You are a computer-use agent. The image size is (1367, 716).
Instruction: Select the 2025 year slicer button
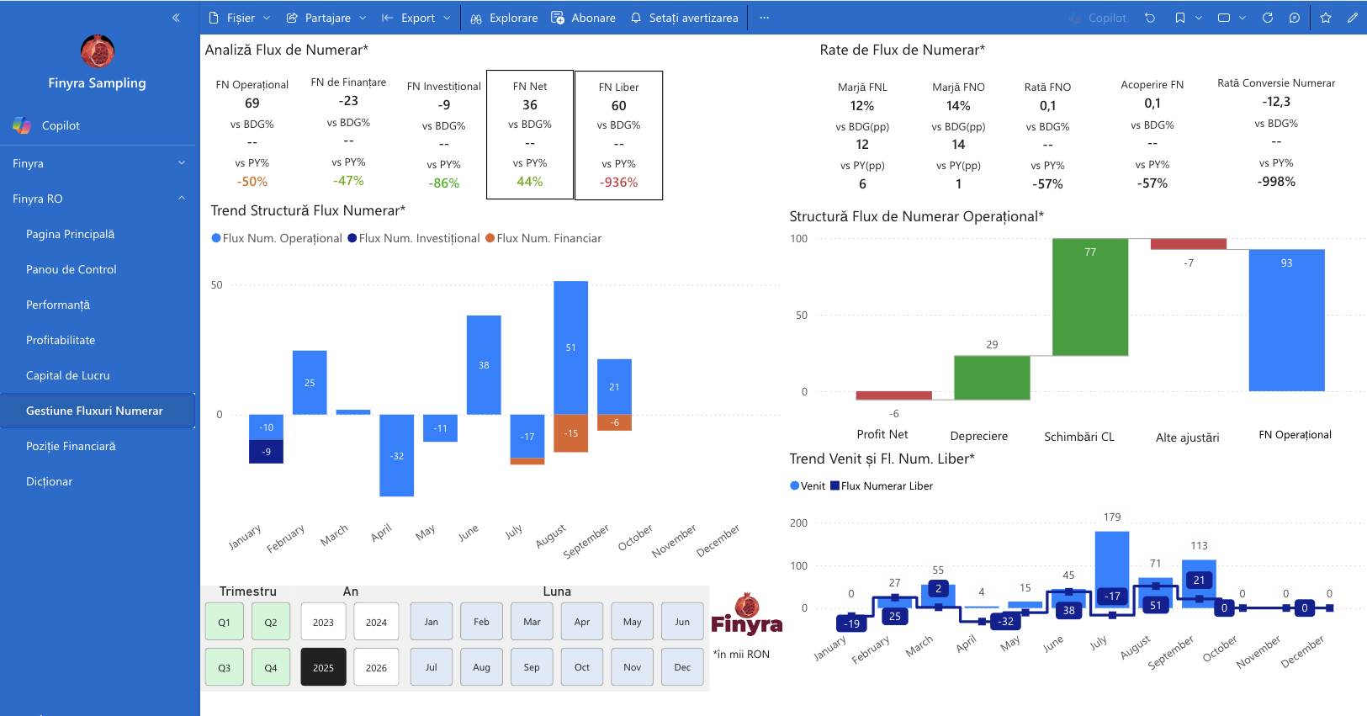323,667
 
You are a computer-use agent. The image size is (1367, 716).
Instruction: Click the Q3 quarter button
224,667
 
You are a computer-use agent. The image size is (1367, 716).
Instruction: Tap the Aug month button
481,667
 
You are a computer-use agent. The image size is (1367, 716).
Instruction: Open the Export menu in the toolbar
416,18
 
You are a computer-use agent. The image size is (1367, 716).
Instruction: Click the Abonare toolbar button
584,18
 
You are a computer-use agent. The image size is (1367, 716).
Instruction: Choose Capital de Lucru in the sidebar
68,375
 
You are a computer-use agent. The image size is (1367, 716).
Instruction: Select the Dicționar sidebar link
49,481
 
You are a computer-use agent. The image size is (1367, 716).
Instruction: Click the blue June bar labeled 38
484,365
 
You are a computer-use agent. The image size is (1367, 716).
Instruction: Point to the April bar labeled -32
397,455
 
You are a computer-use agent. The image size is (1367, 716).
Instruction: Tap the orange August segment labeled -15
570,433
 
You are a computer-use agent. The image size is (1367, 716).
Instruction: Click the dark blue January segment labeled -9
266,452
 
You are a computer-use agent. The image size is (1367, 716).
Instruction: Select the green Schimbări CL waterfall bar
1090,297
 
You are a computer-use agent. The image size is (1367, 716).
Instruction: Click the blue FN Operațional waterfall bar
1286,320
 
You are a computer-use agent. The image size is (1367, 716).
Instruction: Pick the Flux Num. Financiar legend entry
543,238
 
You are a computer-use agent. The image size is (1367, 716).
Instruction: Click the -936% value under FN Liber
619,183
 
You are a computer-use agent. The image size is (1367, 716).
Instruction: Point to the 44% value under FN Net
530,181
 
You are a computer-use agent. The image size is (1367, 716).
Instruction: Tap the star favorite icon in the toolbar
1326,18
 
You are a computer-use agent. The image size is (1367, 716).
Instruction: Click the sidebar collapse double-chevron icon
176,18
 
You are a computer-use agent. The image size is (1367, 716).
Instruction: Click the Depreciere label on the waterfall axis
979,436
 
